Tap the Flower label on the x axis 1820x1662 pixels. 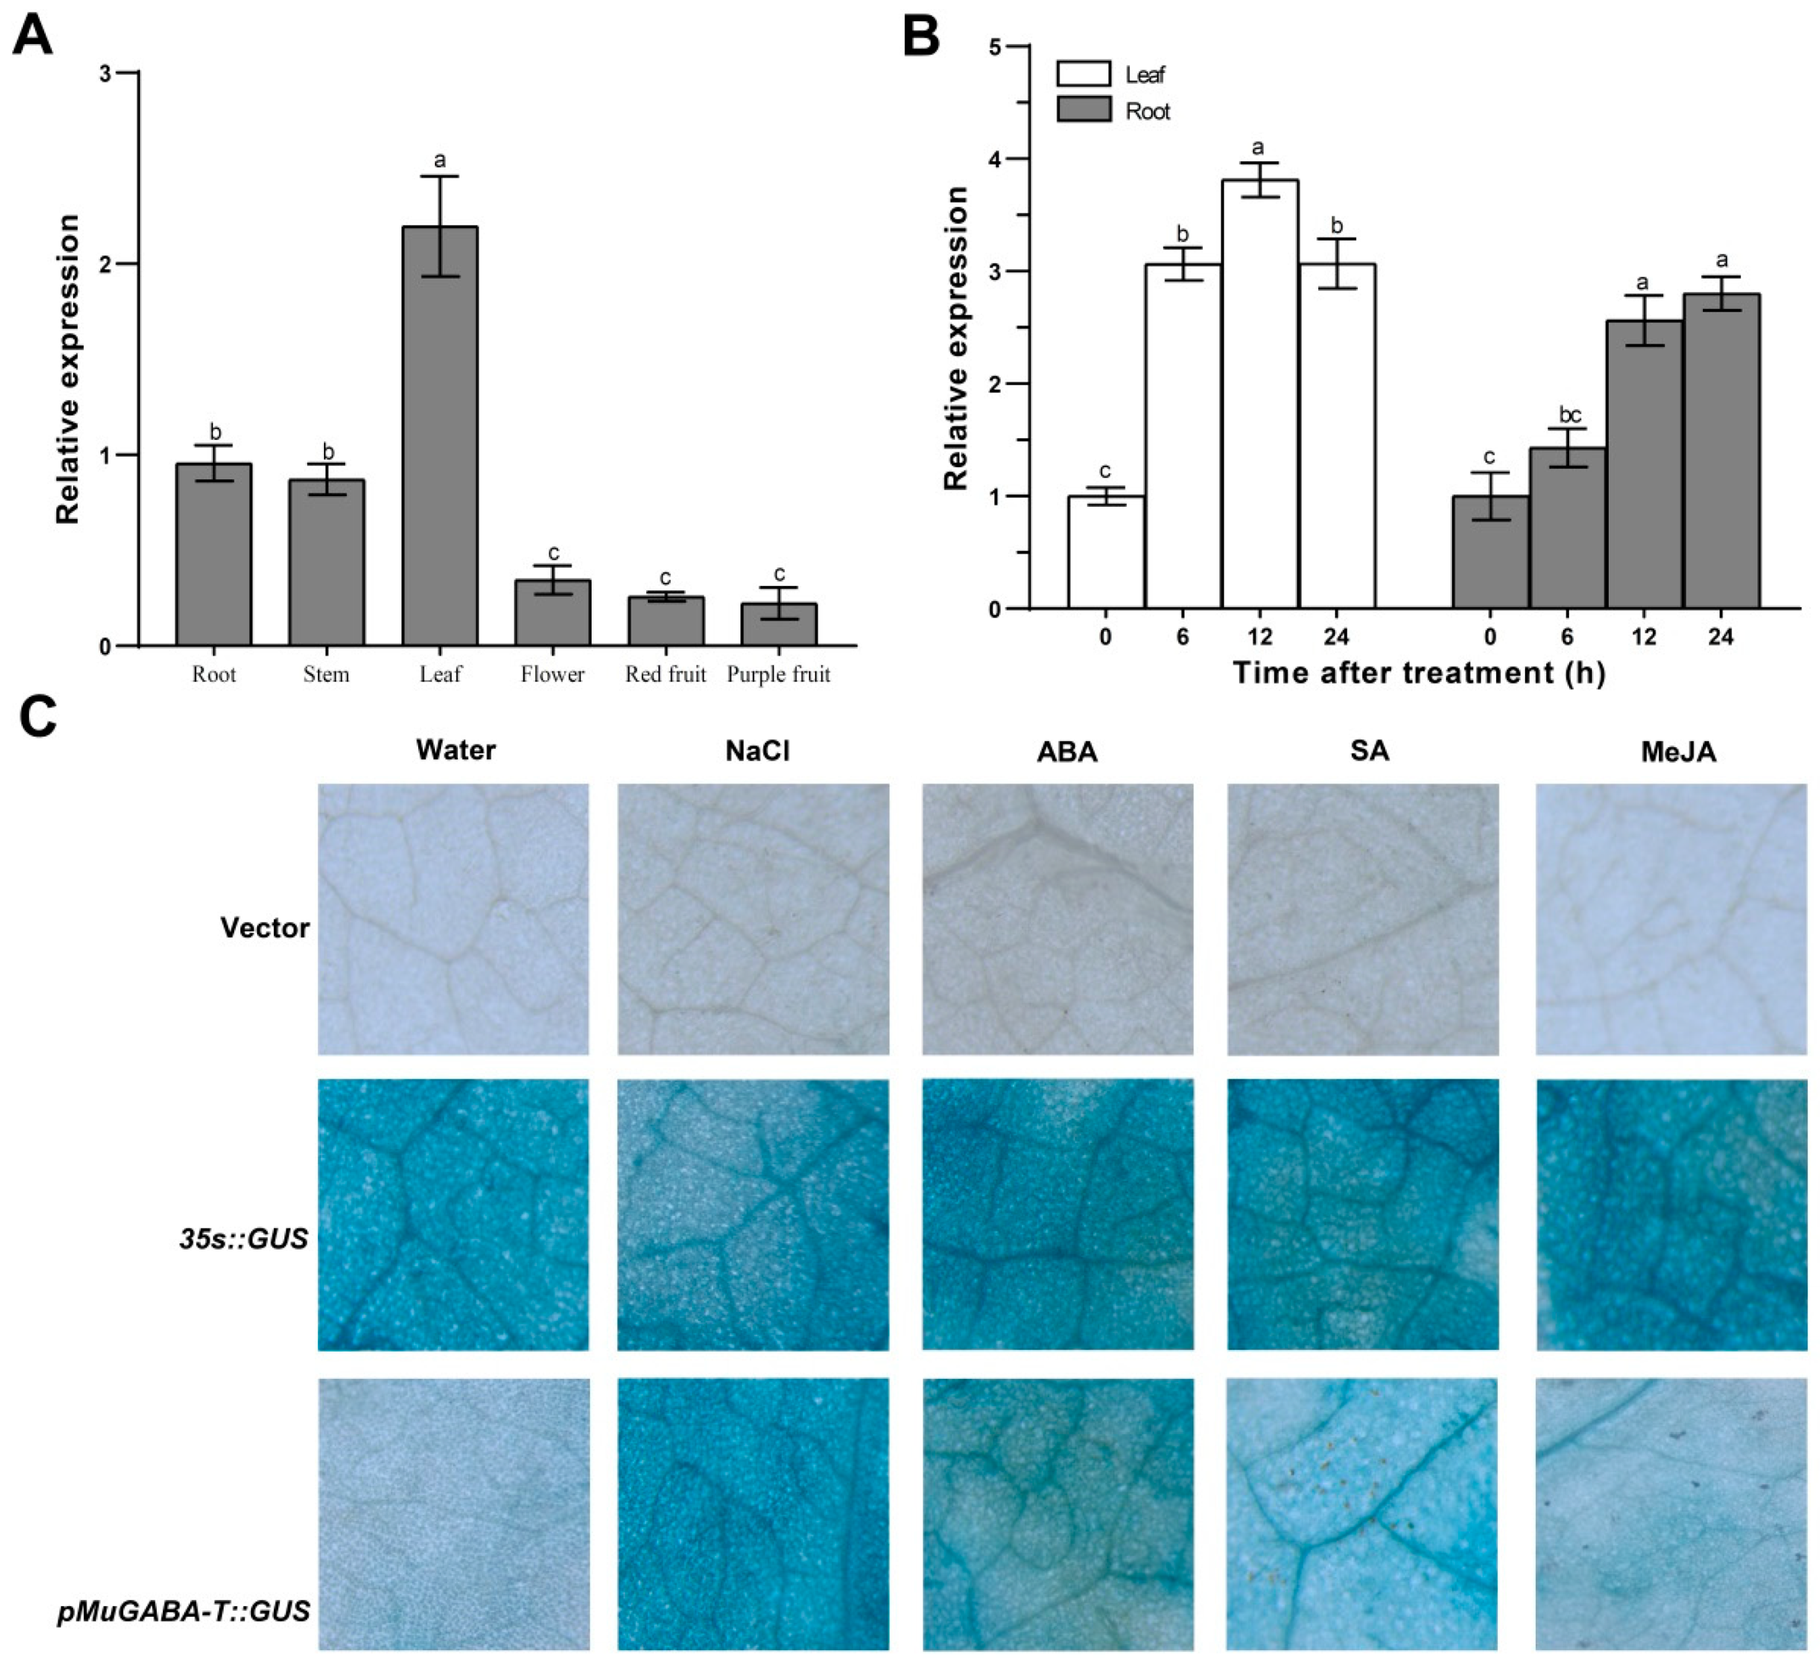coord(553,675)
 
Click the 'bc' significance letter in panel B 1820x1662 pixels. coord(1570,415)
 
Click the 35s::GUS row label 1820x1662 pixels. coord(243,1238)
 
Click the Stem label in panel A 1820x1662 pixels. coord(326,675)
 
